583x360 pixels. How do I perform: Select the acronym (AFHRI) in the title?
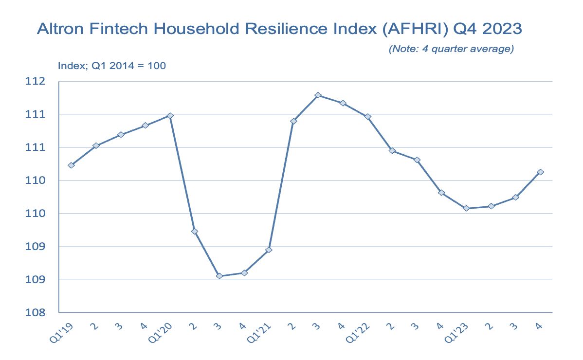click(405, 29)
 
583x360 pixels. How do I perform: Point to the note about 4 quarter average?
click(451, 49)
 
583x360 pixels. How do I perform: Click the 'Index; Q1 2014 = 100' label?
click(112, 65)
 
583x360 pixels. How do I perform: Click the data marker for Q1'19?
click(71, 165)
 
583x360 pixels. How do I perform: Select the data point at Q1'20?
click(170, 116)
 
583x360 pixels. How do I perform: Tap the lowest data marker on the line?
click(219, 276)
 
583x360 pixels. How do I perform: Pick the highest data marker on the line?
click(318, 95)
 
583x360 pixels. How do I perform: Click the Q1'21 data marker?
click(269, 250)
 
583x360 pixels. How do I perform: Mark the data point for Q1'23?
click(466, 208)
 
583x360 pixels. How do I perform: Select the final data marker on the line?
click(540, 172)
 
